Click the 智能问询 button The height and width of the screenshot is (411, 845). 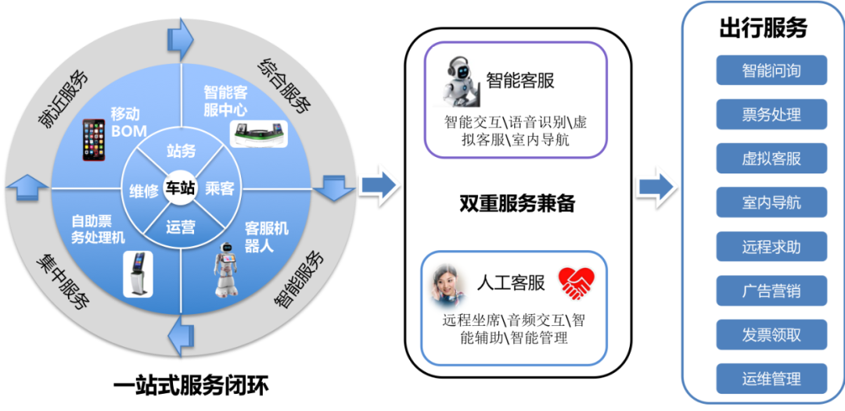tap(771, 70)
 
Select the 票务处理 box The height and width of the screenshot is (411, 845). tap(771, 115)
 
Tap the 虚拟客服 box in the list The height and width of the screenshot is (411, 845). tap(771, 159)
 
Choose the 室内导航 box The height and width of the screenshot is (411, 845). tap(771, 203)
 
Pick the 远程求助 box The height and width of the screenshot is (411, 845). tap(771, 247)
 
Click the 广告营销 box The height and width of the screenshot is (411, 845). tap(771, 291)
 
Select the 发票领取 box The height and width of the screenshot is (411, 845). tap(771, 335)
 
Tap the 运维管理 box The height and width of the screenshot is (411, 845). tap(771, 379)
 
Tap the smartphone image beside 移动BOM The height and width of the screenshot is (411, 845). tap(94, 140)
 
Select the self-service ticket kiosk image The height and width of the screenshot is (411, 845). tap(138, 274)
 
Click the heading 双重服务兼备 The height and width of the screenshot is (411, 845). tap(516, 204)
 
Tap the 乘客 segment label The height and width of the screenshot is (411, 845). tap(220, 188)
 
